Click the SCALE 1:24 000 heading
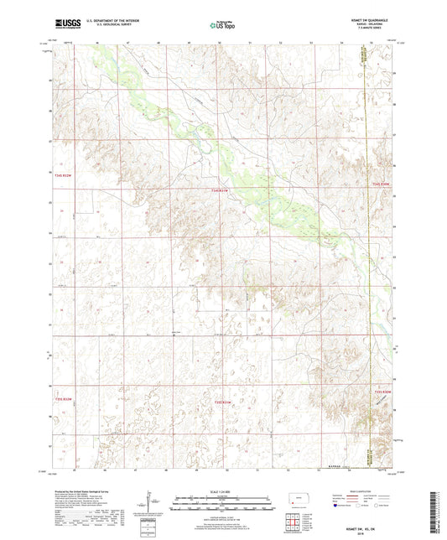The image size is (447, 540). click(222, 491)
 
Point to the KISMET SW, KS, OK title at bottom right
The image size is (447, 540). click(369, 524)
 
